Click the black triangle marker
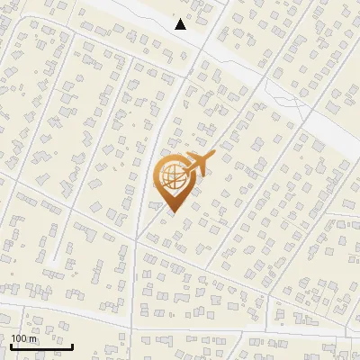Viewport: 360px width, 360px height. click(181, 24)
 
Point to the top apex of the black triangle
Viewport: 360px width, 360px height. click(181, 19)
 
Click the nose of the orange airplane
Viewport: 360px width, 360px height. click(212, 158)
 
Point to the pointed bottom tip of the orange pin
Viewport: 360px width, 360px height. click(174, 212)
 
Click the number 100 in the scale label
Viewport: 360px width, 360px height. click(20, 338)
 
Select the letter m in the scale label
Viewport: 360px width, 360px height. click(34, 338)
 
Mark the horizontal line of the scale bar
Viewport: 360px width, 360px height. click(41, 346)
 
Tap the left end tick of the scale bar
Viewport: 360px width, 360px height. click(11, 344)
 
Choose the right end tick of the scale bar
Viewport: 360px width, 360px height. click(73, 344)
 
